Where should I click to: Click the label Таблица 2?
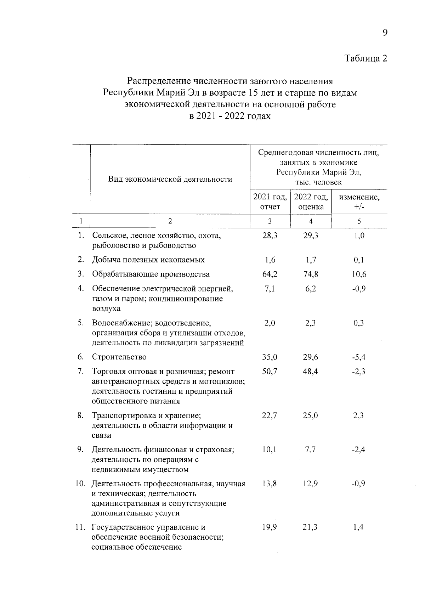point(366,58)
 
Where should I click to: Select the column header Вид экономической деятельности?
point(170,179)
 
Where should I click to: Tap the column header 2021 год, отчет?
point(270,202)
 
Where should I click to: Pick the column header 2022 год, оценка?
point(311,202)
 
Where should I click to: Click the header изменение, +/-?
point(359,202)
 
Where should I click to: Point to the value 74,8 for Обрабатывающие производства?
point(311,274)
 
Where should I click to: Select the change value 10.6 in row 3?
point(359,274)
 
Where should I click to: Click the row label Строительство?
point(119,357)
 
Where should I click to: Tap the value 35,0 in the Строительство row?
point(270,357)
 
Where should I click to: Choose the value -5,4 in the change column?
point(359,357)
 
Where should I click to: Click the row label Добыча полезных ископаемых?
point(148,260)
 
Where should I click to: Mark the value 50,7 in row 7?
point(270,372)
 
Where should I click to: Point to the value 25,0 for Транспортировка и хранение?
point(311,415)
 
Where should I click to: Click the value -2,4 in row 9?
point(359,450)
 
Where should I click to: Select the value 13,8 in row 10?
point(270,484)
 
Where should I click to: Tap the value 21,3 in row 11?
point(311,527)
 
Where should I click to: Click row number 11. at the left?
point(80,527)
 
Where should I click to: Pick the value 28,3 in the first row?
point(270,236)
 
